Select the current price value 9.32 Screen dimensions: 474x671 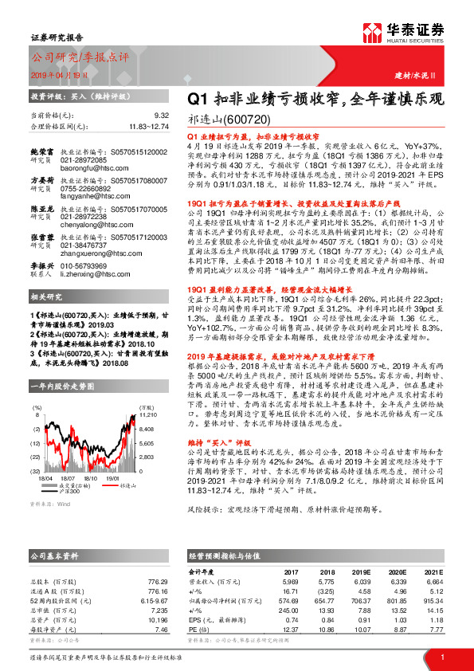tap(162, 116)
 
